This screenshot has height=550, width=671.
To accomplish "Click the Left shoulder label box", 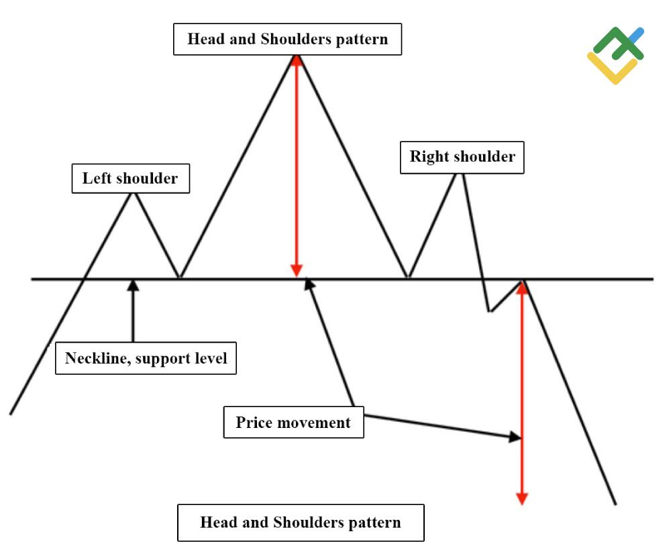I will tap(130, 178).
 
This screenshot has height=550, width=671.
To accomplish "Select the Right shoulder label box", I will tap(462, 157).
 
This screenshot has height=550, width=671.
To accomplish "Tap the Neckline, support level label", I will tap(146, 358).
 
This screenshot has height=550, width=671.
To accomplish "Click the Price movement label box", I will tap(293, 423).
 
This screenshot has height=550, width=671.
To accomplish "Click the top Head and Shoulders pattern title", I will tap(287, 39).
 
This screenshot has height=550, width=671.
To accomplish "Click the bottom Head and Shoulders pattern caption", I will tap(301, 522).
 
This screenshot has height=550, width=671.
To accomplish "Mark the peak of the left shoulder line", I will tap(134, 193).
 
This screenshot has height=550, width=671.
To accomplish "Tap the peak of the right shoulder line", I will tap(461, 173).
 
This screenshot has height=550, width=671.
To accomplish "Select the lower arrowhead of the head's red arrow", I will tap(296, 270).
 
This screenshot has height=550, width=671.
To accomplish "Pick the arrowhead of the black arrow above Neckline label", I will tap(133, 284).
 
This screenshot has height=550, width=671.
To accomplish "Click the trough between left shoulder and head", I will tap(179, 277).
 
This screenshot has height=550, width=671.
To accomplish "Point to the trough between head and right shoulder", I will tap(407, 277).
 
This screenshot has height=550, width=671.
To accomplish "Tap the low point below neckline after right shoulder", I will tap(490, 312).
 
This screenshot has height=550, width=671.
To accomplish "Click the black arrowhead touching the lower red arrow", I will tap(515, 437).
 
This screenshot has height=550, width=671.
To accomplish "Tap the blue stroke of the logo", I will tap(635, 35).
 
